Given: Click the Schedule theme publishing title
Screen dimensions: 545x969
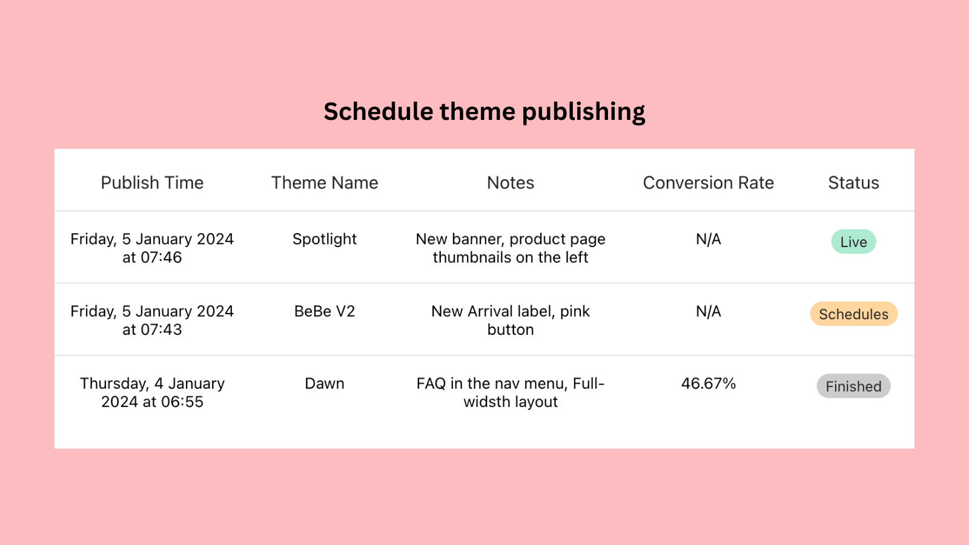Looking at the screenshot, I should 484,111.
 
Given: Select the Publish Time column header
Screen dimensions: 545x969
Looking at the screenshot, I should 152,183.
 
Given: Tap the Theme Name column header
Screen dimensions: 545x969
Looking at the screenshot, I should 325,183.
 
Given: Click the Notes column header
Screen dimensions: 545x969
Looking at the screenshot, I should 511,183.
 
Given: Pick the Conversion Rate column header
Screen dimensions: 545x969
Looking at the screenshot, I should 708,183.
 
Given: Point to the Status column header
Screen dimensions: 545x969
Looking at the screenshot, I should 853,183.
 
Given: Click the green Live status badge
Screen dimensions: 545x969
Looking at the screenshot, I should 853,242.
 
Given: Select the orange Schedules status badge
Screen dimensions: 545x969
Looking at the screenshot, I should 853,314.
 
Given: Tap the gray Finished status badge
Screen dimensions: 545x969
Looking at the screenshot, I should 853,386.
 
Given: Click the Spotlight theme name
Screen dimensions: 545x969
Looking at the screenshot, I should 325,239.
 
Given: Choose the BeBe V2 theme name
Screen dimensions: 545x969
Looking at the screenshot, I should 325,311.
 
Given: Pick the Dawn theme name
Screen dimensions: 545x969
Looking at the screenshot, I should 325,383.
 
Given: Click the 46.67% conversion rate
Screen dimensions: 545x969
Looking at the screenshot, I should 708,383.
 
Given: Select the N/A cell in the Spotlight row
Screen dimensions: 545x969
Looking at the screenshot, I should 708,239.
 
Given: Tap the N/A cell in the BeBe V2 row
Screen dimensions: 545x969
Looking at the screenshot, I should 708,311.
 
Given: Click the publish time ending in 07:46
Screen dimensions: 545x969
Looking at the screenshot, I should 152,248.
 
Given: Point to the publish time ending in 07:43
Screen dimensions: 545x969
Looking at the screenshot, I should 152,320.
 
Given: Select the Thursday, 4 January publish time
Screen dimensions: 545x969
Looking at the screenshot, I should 152,392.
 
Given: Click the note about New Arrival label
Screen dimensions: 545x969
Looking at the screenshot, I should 511,320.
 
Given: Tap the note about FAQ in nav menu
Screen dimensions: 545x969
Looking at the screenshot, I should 511,392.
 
